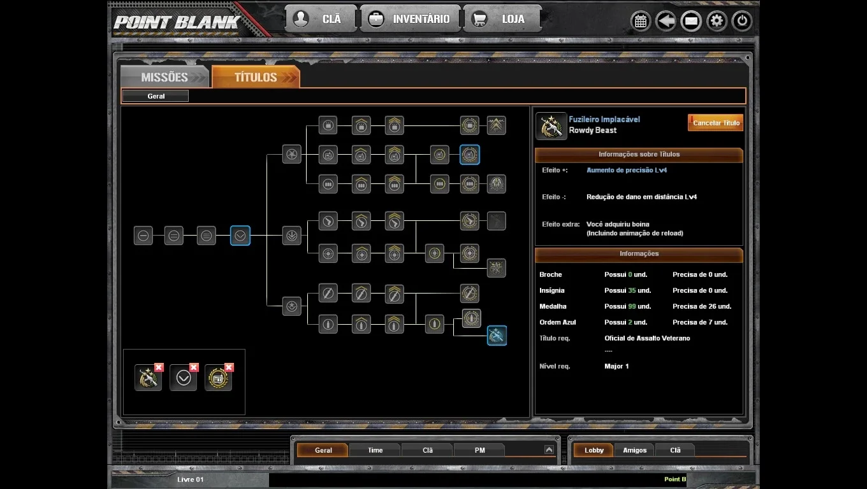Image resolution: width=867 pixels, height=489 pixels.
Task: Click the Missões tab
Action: tap(165, 77)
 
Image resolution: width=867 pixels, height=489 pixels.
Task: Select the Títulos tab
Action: tap(256, 77)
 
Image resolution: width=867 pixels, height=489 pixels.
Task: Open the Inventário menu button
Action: tap(411, 18)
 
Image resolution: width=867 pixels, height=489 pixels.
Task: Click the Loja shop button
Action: tap(502, 18)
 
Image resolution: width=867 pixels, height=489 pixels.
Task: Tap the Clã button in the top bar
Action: tap(321, 18)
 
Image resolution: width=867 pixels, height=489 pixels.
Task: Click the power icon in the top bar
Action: tap(741, 20)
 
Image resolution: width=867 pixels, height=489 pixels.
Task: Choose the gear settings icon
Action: tap(717, 20)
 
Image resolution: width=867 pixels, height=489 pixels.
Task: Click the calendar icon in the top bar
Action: tap(641, 21)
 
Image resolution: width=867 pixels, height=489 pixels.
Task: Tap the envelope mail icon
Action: tap(691, 21)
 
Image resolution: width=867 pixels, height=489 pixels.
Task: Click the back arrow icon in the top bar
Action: tap(666, 20)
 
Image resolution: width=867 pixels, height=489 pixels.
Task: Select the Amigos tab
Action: tap(634, 450)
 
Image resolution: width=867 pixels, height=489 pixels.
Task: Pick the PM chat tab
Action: tap(479, 450)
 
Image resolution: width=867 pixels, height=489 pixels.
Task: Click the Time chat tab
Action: tap(375, 450)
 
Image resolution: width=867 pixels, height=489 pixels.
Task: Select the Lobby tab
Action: tap(594, 450)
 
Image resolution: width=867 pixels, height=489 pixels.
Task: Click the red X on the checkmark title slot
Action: tap(194, 367)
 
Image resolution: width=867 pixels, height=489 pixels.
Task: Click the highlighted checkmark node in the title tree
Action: tap(240, 236)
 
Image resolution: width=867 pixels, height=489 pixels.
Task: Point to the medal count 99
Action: tap(632, 306)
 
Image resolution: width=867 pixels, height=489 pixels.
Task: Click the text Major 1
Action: tap(616, 366)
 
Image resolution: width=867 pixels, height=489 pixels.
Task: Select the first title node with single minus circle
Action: tap(143, 236)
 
